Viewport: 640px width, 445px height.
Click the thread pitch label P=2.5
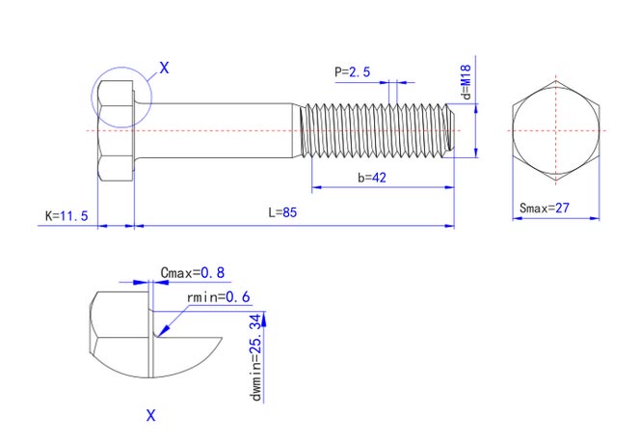pos(352,72)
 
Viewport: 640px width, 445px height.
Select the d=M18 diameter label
pos(466,82)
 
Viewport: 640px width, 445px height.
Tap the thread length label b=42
pos(372,178)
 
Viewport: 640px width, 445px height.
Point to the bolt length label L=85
pos(282,212)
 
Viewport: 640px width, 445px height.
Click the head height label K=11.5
pos(67,215)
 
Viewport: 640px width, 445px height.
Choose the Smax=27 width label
pos(544,208)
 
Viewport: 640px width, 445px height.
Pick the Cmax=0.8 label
pos(192,272)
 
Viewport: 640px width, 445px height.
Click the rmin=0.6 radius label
pos(219,297)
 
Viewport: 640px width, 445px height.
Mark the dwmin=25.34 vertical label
pos(255,357)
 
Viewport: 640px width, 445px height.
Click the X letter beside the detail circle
pos(164,68)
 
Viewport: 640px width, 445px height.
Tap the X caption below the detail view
pos(151,416)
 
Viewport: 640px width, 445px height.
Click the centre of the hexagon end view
pos(556,130)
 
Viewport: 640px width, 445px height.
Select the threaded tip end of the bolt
pos(451,130)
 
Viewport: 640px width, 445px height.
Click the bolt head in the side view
pos(116,130)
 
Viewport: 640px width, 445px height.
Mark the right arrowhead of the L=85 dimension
pos(449,225)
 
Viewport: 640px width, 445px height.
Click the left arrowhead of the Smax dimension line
pos(518,218)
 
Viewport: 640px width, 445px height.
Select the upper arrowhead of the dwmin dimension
pos(263,319)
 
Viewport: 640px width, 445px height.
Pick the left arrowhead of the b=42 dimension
pos(317,187)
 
